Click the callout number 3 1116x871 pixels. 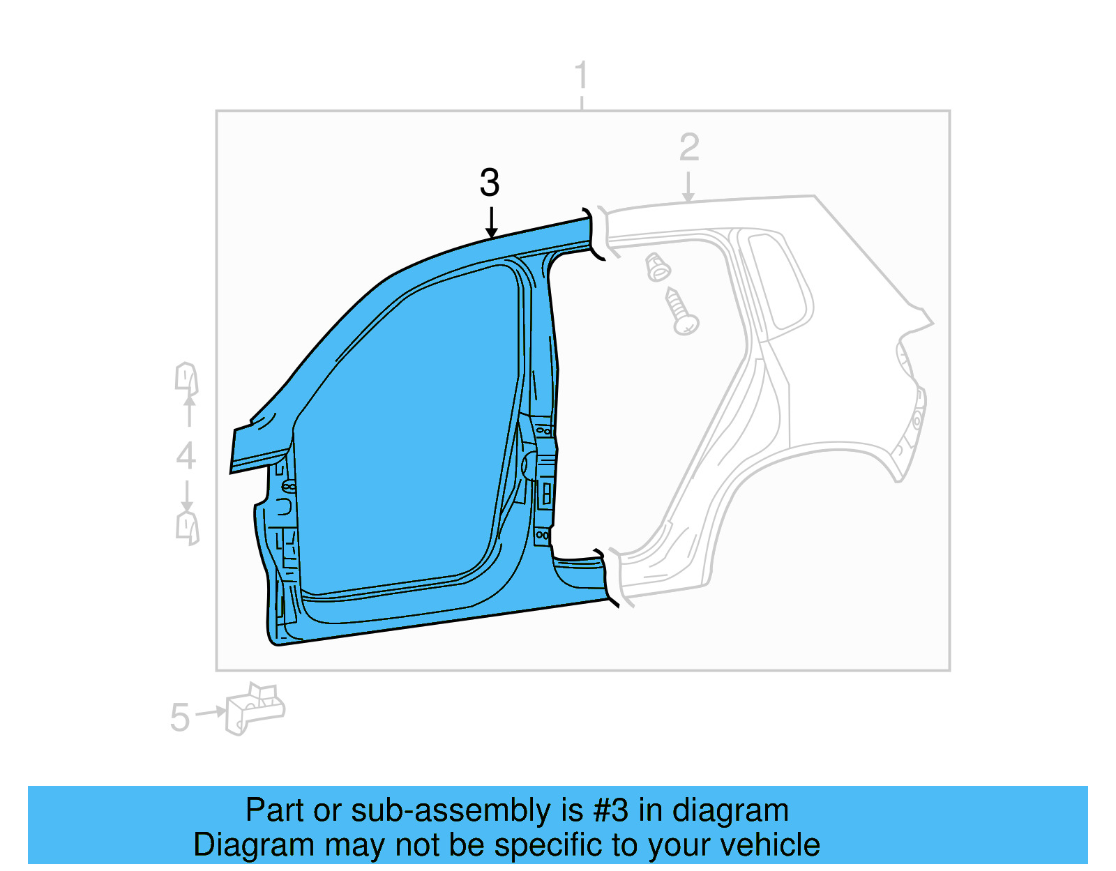(x=490, y=183)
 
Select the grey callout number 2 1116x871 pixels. (x=689, y=147)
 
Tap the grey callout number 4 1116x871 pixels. (x=186, y=456)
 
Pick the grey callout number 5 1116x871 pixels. (x=179, y=717)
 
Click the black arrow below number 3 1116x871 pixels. (x=491, y=223)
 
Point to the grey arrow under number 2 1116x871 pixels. (x=688, y=187)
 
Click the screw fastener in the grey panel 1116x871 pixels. (x=681, y=311)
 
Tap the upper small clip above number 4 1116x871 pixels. (x=186, y=379)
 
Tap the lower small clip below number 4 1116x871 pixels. (x=187, y=527)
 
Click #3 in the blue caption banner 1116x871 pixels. (x=610, y=810)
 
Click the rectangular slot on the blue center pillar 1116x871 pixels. (x=546, y=494)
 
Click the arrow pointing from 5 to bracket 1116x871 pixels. (x=210, y=713)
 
